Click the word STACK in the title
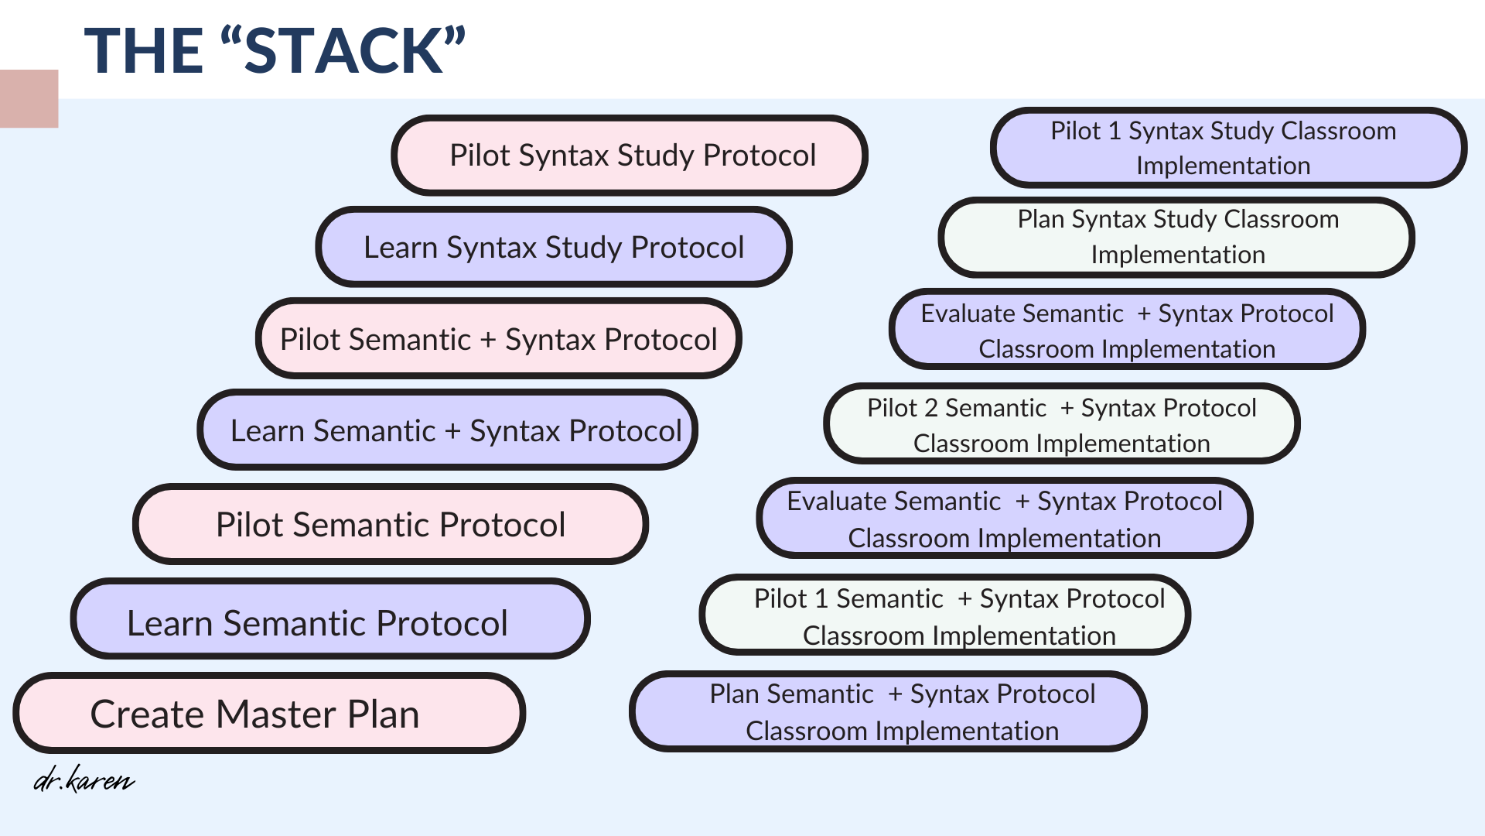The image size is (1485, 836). coord(344,51)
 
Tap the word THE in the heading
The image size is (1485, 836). coord(144,51)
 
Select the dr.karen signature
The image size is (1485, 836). coord(84,779)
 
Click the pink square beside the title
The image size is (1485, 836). coord(29,98)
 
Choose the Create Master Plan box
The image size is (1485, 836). coord(269,713)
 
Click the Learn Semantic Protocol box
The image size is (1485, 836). coord(330,619)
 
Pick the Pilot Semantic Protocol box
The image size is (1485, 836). coord(391,524)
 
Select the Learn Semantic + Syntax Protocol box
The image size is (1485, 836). coord(448,430)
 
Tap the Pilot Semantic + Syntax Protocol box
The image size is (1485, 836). coord(499,338)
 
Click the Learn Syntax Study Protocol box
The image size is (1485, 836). coord(554,247)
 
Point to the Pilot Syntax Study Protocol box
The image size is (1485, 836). coord(630,155)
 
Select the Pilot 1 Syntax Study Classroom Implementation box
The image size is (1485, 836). coord(1228,147)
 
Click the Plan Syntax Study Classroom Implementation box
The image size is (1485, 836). coord(1176,237)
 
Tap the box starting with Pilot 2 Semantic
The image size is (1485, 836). coord(1062,423)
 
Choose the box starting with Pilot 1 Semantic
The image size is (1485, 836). coord(945,615)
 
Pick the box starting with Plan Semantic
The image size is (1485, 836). coord(888,711)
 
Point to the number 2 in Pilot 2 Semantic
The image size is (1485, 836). coord(930,408)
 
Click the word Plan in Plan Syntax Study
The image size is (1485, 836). coord(1041,219)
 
